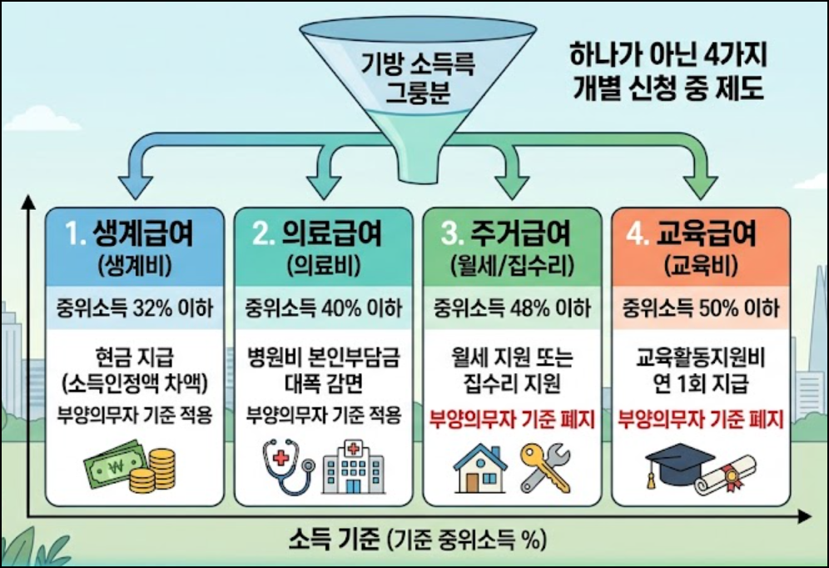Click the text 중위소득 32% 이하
coord(133,308)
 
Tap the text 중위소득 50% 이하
coord(701,308)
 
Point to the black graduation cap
coord(674,465)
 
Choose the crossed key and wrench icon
coord(546,467)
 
